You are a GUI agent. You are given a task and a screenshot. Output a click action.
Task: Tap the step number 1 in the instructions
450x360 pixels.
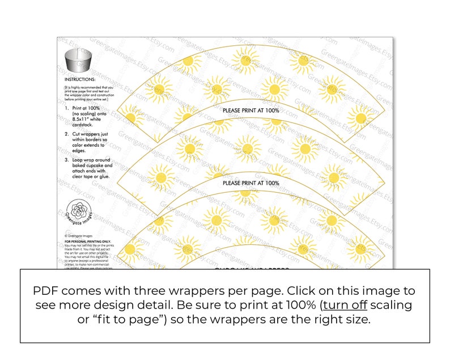[x=66, y=107]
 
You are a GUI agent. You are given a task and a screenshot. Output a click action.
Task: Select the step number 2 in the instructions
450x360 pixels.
[x=66, y=134]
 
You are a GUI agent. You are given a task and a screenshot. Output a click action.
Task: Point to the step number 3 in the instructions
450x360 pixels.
[x=66, y=160]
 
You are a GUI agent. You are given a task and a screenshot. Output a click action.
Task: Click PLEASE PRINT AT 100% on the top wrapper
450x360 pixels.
[x=251, y=110]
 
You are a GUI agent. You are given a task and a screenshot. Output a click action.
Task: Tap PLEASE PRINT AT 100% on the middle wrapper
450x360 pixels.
[x=251, y=183]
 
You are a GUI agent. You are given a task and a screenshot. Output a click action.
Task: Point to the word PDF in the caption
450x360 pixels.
[x=46, y=290]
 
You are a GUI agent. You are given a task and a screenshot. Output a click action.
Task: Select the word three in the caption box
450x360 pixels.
[x=165, y=290]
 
